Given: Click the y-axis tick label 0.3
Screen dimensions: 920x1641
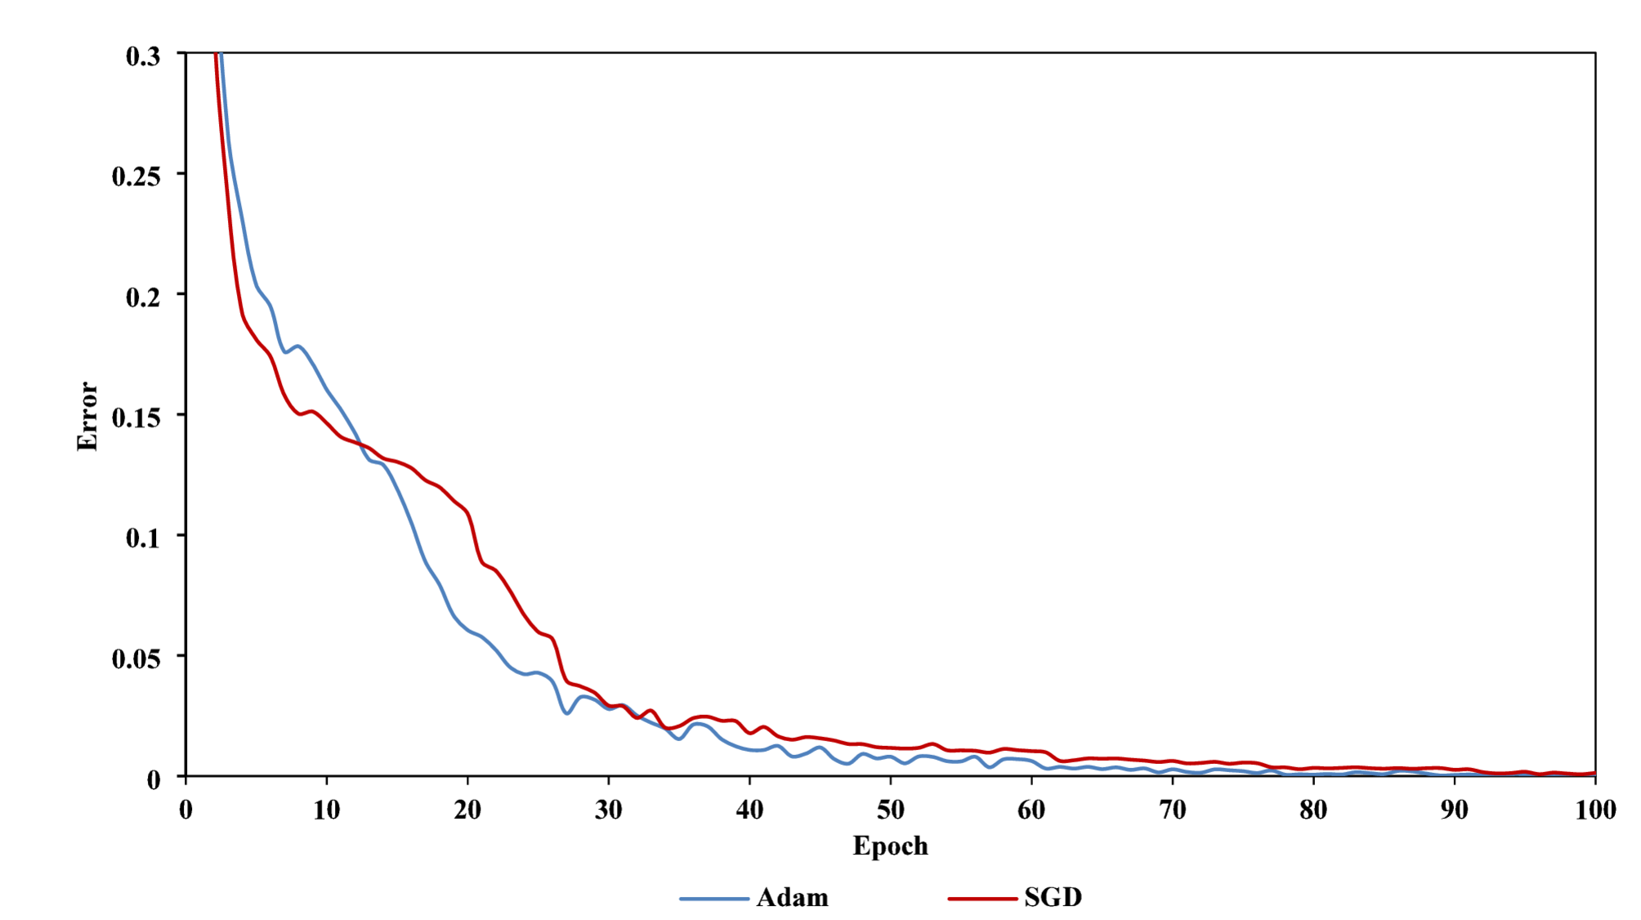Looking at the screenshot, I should coord(143,56).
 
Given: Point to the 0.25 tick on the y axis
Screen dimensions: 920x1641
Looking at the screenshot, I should coord(136,176).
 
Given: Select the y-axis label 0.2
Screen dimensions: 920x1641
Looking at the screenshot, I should coord(143,297).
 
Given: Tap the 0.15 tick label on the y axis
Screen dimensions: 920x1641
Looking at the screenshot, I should coord(136,418).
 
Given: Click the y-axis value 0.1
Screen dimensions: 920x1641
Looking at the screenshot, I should coord(143,538).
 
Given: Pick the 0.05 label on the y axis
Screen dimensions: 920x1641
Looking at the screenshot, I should coord(136,659).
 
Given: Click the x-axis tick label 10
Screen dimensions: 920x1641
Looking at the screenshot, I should coord(326,810).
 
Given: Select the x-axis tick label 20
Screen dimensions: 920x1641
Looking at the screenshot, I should coord(467,810).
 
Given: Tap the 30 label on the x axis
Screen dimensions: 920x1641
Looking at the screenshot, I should coord(608,810).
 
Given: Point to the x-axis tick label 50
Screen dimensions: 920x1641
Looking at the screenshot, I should coord(890,810).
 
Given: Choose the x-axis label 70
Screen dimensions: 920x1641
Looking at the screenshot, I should coord(1172,810).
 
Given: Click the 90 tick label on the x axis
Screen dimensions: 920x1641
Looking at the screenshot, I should coord(1454,810).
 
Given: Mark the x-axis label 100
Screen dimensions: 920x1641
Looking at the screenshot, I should coord(1595,810).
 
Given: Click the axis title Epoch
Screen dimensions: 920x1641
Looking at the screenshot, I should coord(890,846).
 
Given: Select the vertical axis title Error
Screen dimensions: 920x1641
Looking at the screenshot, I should coord(87,416).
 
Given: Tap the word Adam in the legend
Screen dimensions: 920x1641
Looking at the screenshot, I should coord(792,897).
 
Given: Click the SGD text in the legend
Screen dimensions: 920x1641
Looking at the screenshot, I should coord(1053,897).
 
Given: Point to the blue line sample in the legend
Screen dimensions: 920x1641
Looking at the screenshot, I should coord(713,899).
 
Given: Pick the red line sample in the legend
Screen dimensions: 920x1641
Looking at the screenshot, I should coord(982,899).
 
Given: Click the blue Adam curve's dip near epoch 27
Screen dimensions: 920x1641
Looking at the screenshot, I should coord(567,712).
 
